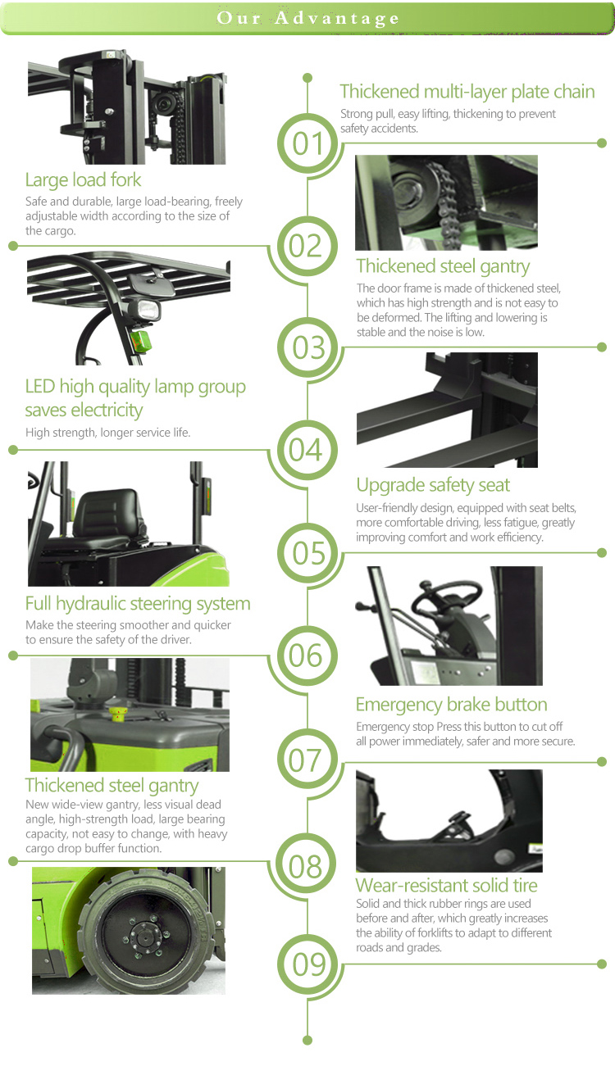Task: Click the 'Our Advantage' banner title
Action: (307, 18)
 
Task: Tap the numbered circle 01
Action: (307, 143)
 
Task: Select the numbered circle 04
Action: (307, 450)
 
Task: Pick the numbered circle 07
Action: (307, 759)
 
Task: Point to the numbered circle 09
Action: (307, 964)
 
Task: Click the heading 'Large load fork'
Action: (84, 180)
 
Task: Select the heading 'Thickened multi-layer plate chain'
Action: (467, 92)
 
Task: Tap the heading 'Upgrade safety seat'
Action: (432, 485)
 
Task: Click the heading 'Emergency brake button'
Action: (451, 705)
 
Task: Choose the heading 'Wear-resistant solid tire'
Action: (446, 885)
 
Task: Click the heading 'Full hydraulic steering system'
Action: (138, 603)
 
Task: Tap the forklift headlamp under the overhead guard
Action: (144, 311)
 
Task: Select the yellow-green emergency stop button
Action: (118, 714)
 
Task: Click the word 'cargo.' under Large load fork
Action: (51, 231)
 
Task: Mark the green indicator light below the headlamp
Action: (140, 341)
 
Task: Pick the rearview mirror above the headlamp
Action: (147, 284)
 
